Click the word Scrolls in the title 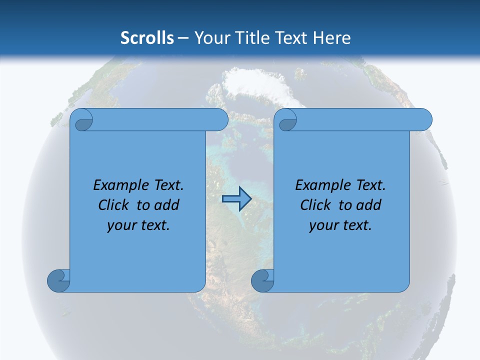(x=147, y=38)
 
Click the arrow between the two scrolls (x=236, y=199)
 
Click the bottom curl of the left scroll (x=59, y=280)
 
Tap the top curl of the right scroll (x=287, y=120)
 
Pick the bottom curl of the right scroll (x=262, y=280)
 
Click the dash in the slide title (x=183, y=38)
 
